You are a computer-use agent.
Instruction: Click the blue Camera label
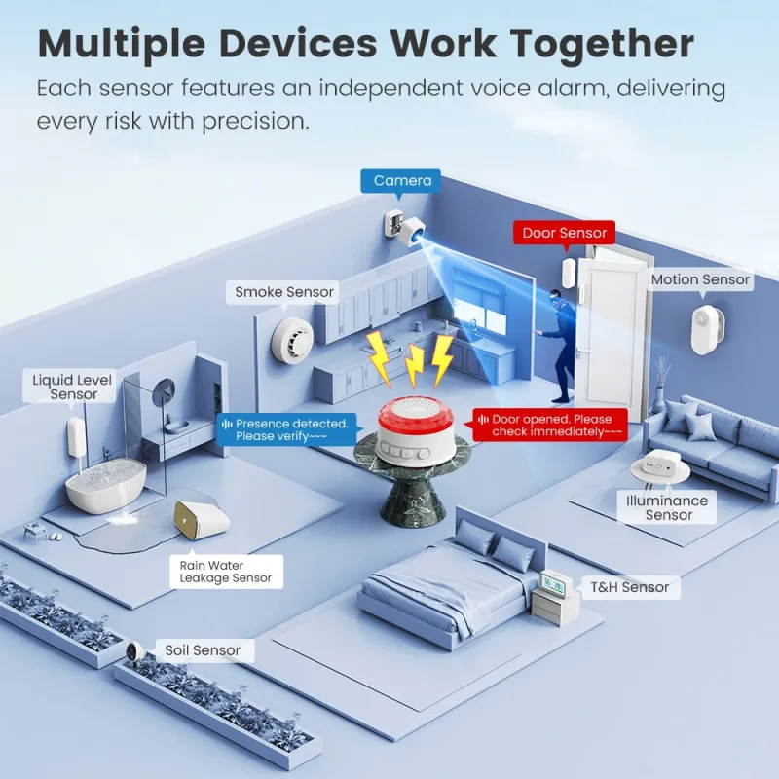click(x=402, y=181)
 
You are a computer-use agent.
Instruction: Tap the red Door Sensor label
click(x=565, y=233)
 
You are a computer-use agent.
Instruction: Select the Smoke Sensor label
click(x=284, y=292)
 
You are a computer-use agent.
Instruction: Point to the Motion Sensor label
click(x=700, y=280)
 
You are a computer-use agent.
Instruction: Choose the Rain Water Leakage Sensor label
click(x=226, y=572)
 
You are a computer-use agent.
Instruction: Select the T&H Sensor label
click(x=631, y=587)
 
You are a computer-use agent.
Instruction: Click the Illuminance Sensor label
click(x=669, y=507)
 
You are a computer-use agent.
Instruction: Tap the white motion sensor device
click(x=705, y=330)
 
